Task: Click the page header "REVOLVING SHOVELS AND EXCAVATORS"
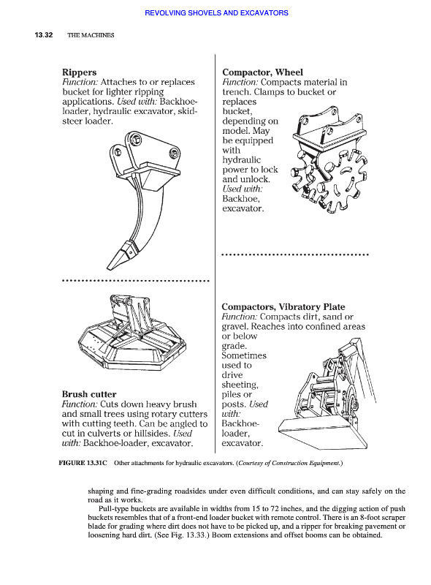(216, 13)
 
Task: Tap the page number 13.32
(44, 35)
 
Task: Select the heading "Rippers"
(80, 72)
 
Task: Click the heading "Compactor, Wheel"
(262, 72)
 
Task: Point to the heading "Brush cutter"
(89, 394)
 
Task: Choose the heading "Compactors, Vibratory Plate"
(283, 307)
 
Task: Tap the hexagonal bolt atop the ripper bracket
(135, 140)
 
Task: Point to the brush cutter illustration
(132, 333)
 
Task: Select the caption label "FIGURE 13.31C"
(83, 463)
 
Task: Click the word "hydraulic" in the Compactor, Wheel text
(242, 160)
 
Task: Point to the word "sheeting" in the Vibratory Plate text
(240, 385)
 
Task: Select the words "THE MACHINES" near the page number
(91, 35)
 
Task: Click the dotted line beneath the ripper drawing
(136, 281)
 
